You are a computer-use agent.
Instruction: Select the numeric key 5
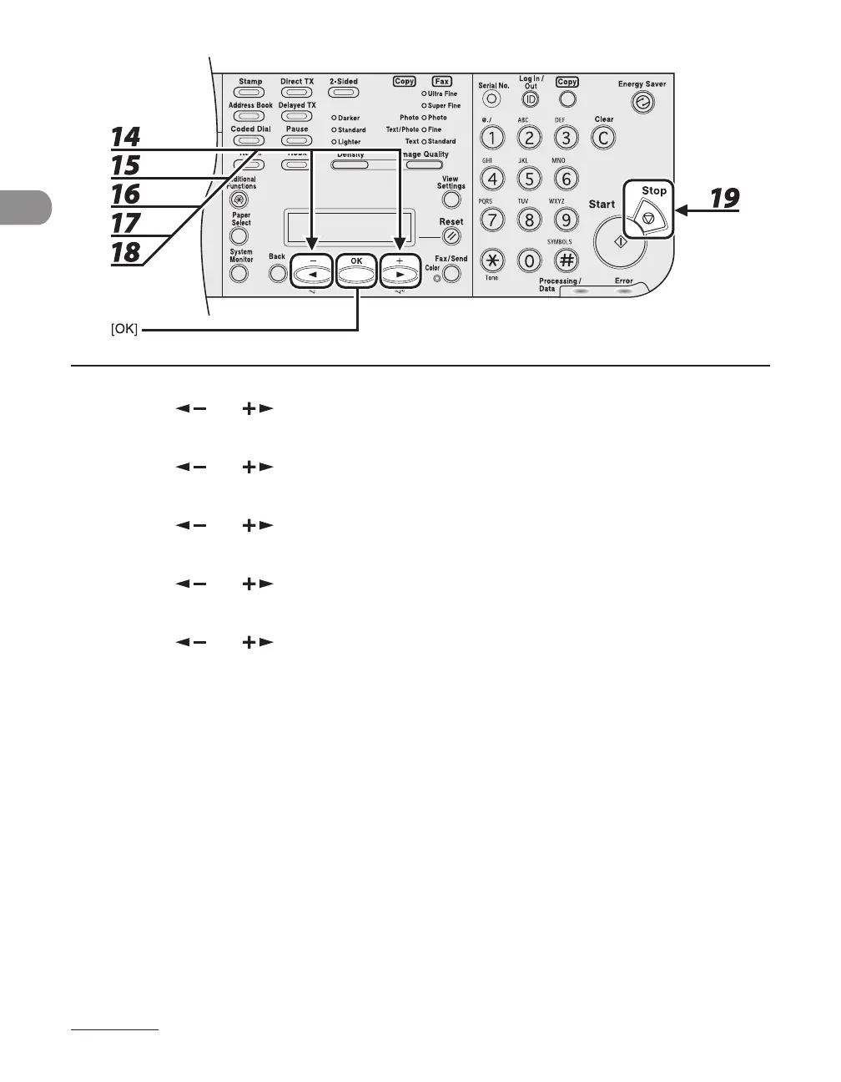point(529,178)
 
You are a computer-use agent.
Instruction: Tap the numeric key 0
point(529,260)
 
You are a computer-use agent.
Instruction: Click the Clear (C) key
point(604,139)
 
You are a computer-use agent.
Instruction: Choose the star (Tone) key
point(492,260)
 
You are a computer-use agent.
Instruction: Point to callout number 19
point(724,198)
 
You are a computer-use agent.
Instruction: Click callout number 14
point(125,137)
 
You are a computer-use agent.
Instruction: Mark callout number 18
point(125,251)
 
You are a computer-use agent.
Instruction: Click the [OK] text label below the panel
point(124,331)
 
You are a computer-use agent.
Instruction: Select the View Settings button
point(451,200)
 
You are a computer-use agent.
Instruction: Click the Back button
point(278,273)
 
